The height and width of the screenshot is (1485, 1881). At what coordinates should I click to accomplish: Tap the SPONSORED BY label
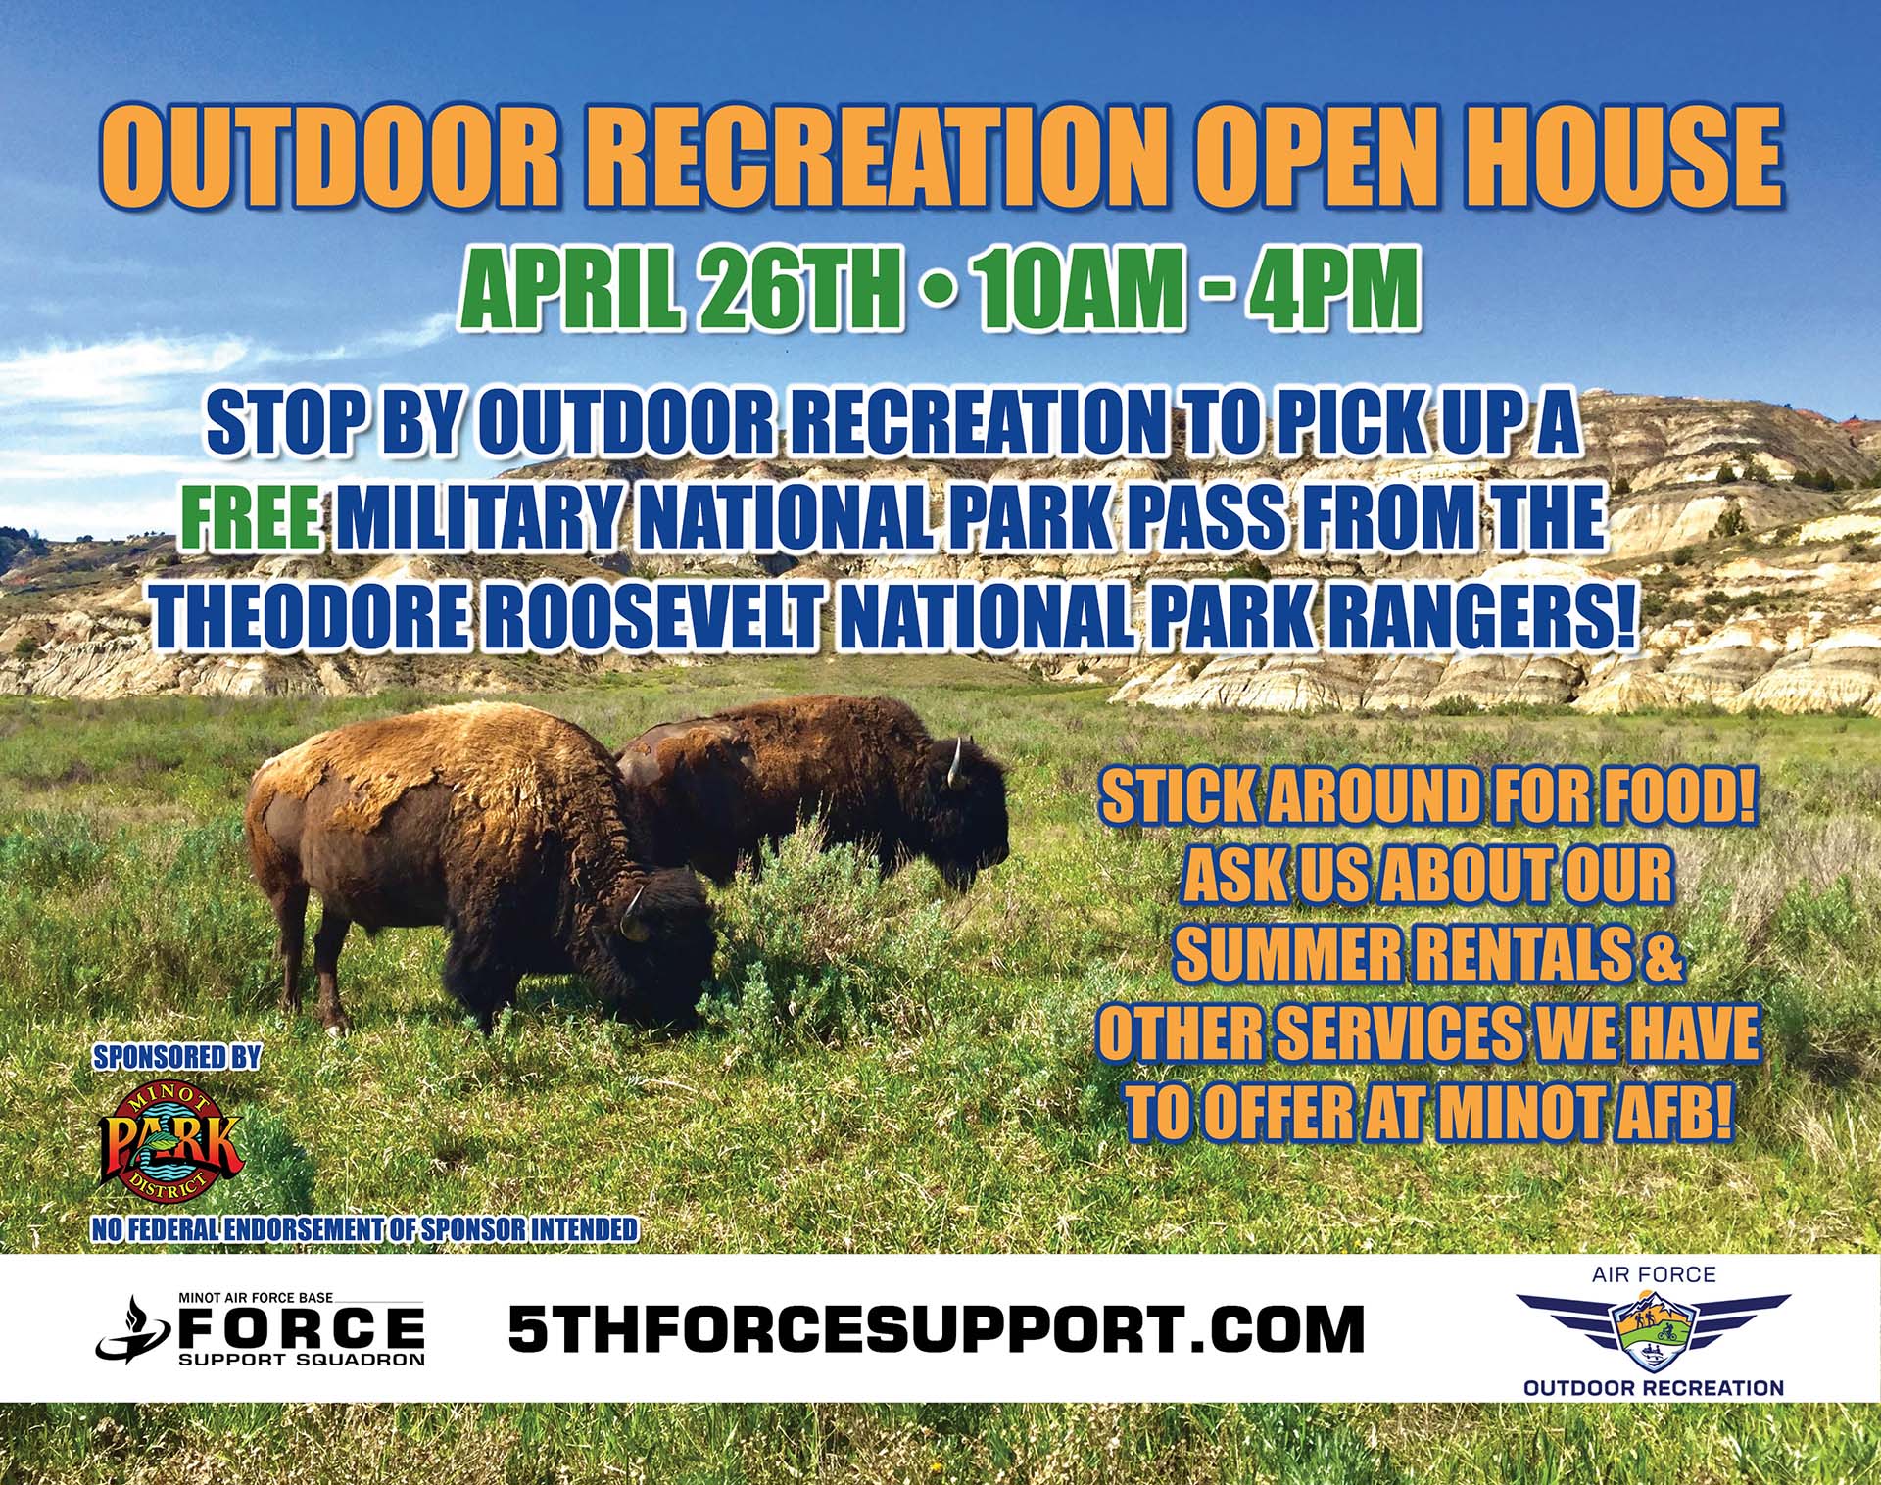[x=177, y=1057]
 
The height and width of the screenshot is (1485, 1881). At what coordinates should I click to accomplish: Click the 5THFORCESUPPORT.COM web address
[x=937, y=1328]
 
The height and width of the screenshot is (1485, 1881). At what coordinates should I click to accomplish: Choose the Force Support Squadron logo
[x=261, y=1328]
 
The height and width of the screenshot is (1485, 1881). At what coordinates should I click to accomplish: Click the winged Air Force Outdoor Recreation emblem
[x=1654, y=1330]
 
